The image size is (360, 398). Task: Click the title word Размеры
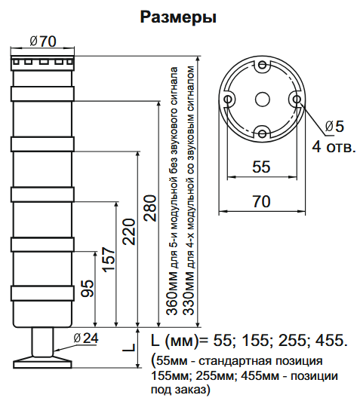pos(179,16)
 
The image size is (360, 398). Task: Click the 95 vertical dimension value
pos(88,289)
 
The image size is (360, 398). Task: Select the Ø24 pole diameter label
pos(87,338)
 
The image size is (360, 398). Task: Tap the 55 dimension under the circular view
pos(261,167)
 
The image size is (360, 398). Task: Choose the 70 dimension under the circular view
pos(261,201)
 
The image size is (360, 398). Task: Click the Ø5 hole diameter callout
pos(334,125)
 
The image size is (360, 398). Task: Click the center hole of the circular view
pos(261,99)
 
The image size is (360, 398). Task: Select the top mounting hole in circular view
pos(261,66)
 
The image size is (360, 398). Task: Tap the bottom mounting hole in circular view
pos(261,133)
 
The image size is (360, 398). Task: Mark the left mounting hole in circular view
pos(227,99)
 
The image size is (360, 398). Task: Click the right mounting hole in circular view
pos(295,99)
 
